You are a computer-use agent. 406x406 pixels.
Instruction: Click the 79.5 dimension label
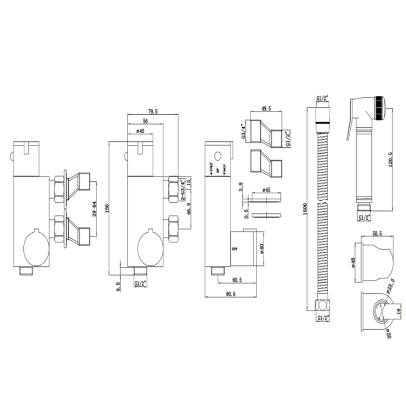pyautogui.click(x=153, y=112)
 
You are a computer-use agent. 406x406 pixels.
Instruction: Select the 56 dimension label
pyautogui.click(x=146, y=121)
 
